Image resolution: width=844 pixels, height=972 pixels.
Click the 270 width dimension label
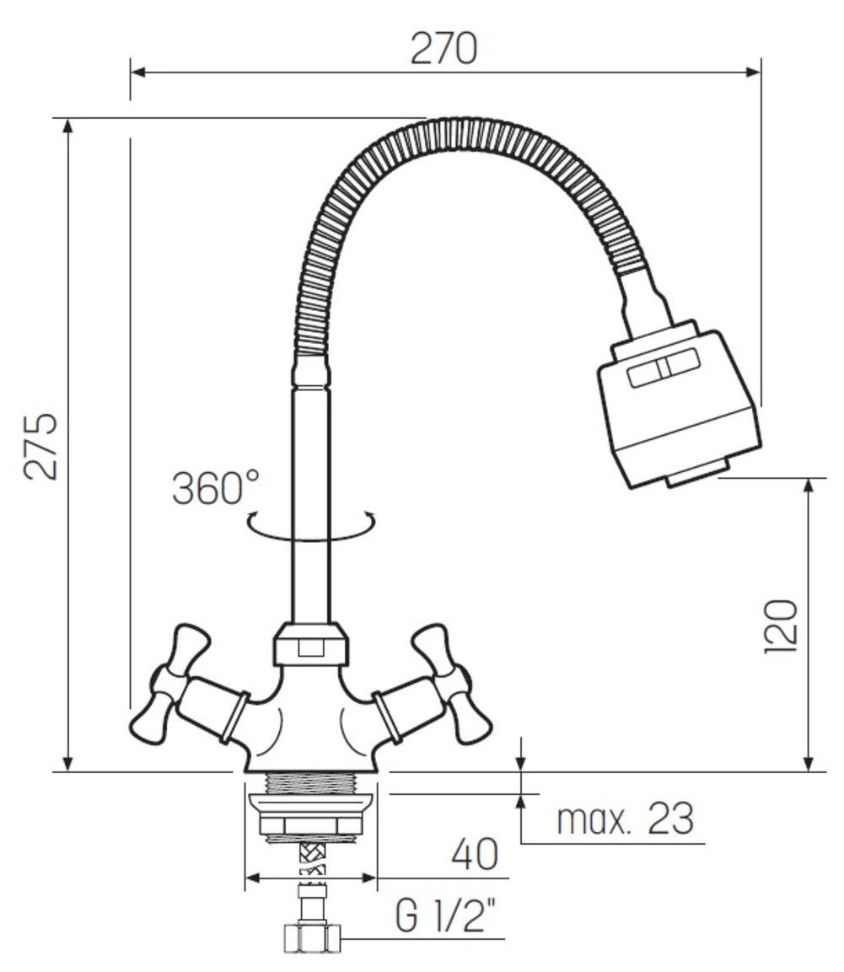tap(444, 49)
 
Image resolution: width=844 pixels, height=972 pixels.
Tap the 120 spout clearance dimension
tap(780, 626)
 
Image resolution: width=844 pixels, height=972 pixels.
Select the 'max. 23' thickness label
tap(625, 819)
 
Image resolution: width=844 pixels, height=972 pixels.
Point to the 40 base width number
tap(475, 855)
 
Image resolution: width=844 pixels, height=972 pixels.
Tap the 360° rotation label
tap(215, 488)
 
